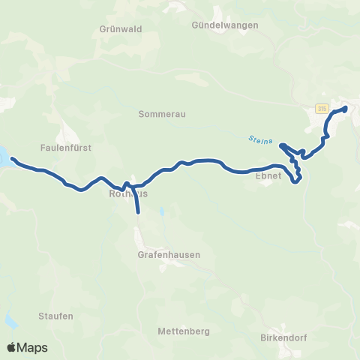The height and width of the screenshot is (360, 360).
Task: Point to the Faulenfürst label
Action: [x=67, y=148]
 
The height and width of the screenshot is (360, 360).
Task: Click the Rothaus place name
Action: [x=128, y=193]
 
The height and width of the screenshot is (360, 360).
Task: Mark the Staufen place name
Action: [x=56, y=316]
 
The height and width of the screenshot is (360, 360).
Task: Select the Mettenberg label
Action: [x=183, y=331]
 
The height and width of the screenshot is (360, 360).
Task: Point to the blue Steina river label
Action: [x=259, y=139]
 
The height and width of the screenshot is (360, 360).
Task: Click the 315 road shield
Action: [x=321, y=109]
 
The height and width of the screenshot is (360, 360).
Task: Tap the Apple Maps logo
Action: [x=27, y=347]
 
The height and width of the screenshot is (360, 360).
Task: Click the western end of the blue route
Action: [x=12, y=159]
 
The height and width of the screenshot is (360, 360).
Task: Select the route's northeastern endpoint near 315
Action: [x=346, y=109]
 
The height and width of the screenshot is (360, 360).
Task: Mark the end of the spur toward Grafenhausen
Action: [x=139, y=213]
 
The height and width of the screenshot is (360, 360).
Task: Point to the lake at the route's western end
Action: [x=4, y=158]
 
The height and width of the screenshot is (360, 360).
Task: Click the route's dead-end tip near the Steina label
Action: [x=281, y=145]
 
